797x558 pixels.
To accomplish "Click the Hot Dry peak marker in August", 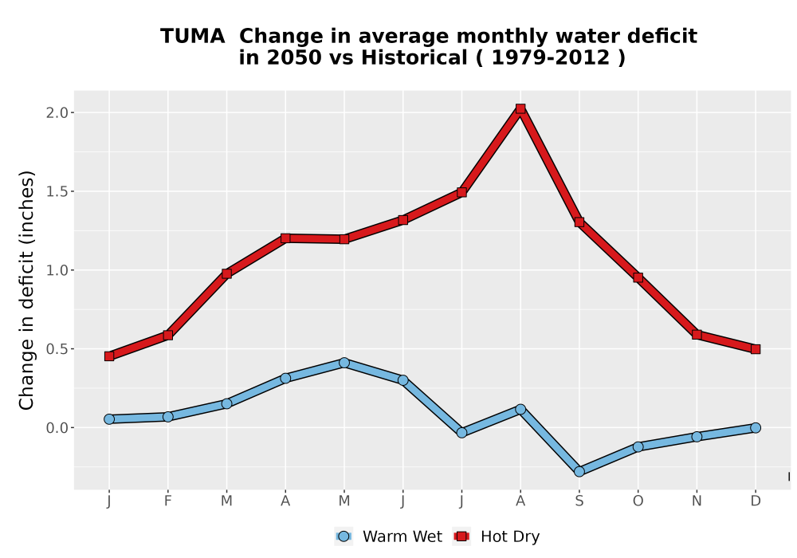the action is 520,108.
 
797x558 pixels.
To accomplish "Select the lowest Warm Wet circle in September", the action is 579,472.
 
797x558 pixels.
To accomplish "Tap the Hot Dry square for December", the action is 756,349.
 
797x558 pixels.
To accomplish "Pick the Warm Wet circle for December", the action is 756,428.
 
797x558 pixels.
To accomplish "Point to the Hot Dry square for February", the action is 167,336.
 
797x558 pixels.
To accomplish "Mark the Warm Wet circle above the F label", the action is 167,417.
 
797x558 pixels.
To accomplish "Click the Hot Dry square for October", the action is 638,277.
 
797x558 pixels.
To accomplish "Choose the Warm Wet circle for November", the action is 697,437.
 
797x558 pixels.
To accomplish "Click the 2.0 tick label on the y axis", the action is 57,113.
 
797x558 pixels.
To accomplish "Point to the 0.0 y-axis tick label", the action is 57,428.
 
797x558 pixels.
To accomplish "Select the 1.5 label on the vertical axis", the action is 57,191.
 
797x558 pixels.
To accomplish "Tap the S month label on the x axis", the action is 579,501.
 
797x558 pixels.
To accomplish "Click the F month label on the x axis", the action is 167,501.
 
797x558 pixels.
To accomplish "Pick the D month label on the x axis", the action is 756,501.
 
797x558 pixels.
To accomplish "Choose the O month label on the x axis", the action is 638,501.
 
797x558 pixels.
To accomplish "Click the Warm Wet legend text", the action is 402,536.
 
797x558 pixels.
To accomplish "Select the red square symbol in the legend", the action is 461,536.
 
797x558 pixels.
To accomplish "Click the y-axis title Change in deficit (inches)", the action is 26,290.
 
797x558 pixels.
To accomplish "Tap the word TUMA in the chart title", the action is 192,37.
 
